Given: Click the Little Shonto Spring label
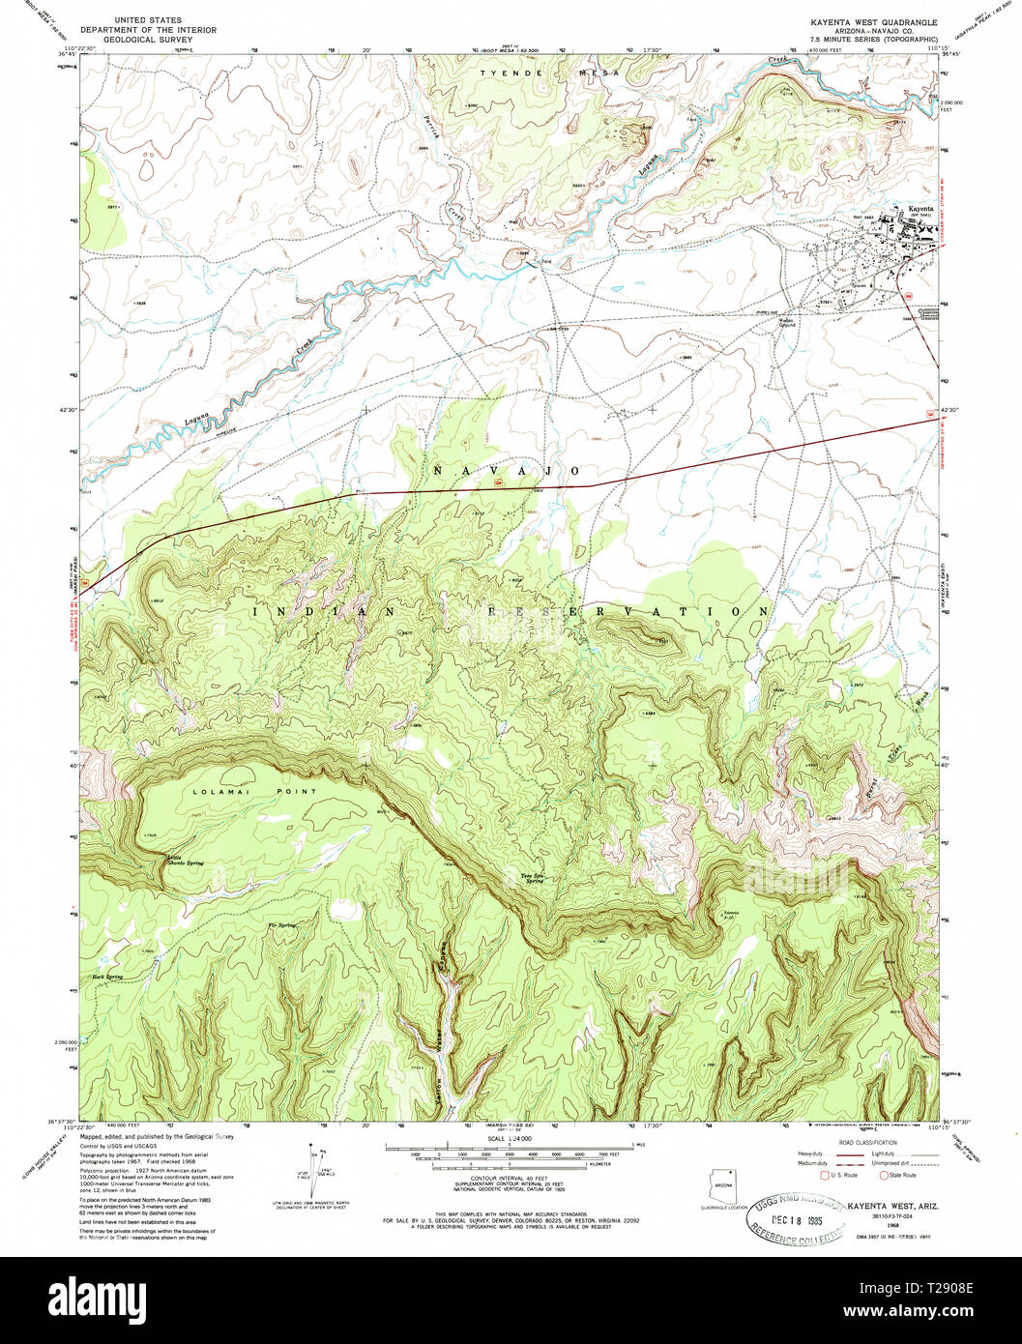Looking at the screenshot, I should pyautogui.click(x=183, y=860).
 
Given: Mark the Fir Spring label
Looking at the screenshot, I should pyautogui.click(x=281, y=925).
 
